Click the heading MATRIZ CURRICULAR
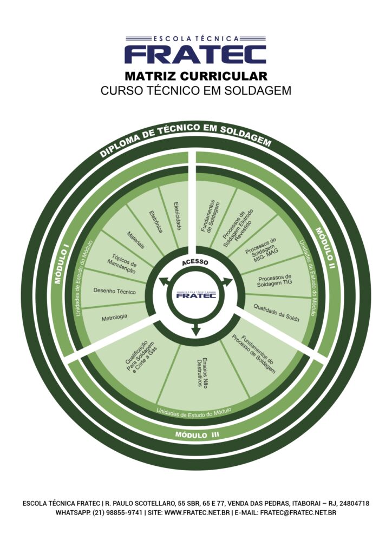(x=195, y=76)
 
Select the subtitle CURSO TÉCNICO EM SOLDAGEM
(x=195, y=90)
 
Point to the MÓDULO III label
(x=197, y=434)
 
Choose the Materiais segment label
(x=136, y=240)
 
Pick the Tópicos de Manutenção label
(x=123, y=261)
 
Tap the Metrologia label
(x=114, y=317)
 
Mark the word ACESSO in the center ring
(x=195, y=263)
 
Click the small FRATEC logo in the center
(x=197, y=294)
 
